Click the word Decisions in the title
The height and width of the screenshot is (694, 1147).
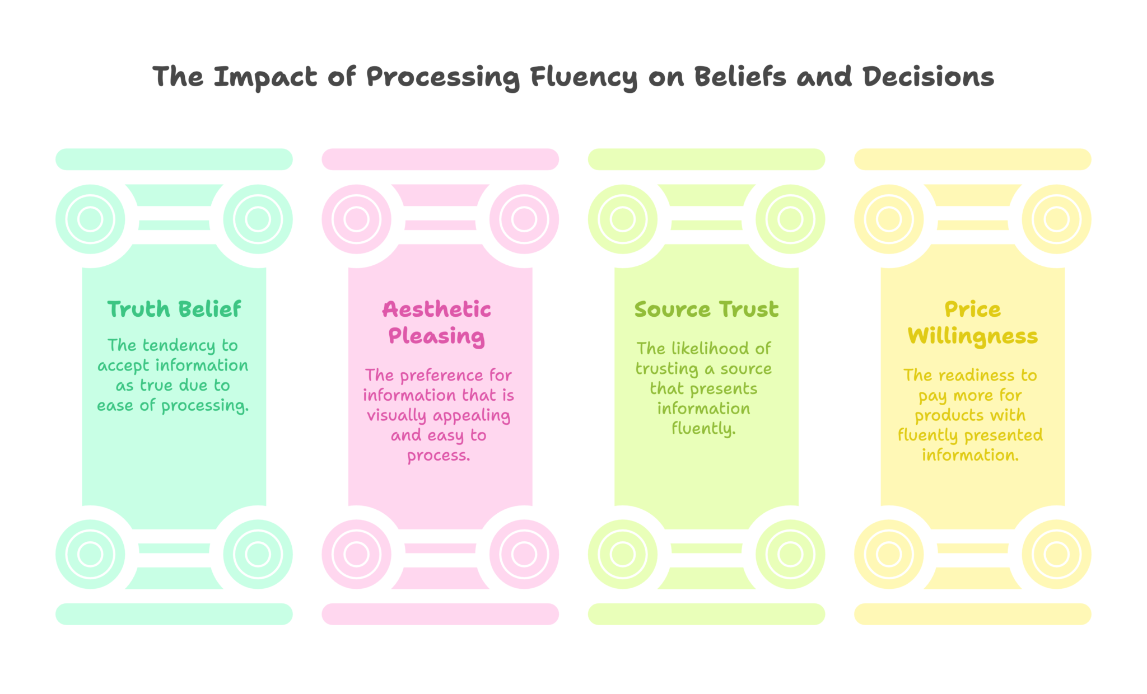click(928, 77)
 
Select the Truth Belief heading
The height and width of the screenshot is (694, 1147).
click(174, 309)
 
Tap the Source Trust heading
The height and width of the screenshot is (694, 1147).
click(706, 309)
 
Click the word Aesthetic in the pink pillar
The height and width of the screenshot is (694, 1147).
click(437, 309)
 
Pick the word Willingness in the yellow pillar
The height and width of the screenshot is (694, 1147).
click(973, 336)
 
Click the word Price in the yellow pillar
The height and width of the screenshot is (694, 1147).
click(973, 309)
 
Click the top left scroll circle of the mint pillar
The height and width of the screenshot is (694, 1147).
click(90, 219)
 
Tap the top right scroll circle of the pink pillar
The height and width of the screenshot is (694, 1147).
click(524, 219)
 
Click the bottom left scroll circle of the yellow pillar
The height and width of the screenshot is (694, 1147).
click(889, 554)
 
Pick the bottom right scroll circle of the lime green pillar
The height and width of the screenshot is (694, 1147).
click(790, 554)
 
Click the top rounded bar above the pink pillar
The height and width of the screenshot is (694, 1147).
click(440, 159)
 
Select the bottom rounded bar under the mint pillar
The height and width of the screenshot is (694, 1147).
click(174, 614)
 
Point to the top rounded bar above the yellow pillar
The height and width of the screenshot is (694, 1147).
click(973, 159)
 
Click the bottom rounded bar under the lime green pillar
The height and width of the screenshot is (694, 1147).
click(706, 614)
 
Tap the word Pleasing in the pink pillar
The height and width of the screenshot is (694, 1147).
click(437, 336)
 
